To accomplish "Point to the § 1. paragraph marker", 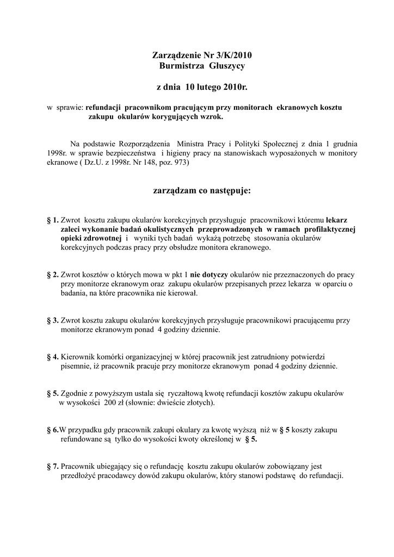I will pyautogui.click(x=53, y=220).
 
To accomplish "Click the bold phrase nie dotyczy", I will pyautogui.click(x=210, y=275).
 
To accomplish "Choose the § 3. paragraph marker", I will pyautogui.click(x=53, y=321).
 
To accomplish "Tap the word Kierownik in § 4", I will pyautogui.click(x=77, y=357).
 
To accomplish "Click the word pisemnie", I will pyautogui.click(x=75, y=367).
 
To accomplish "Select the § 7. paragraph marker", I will pyautogui.click(x=53, y=467).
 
